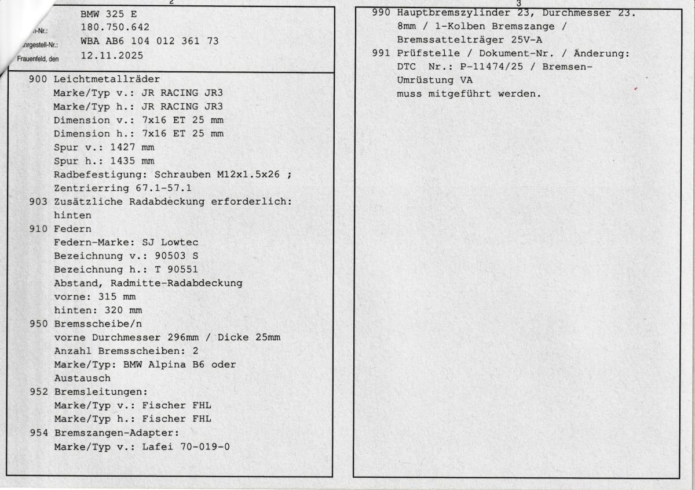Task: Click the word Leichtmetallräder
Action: click(x=107, y=79)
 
